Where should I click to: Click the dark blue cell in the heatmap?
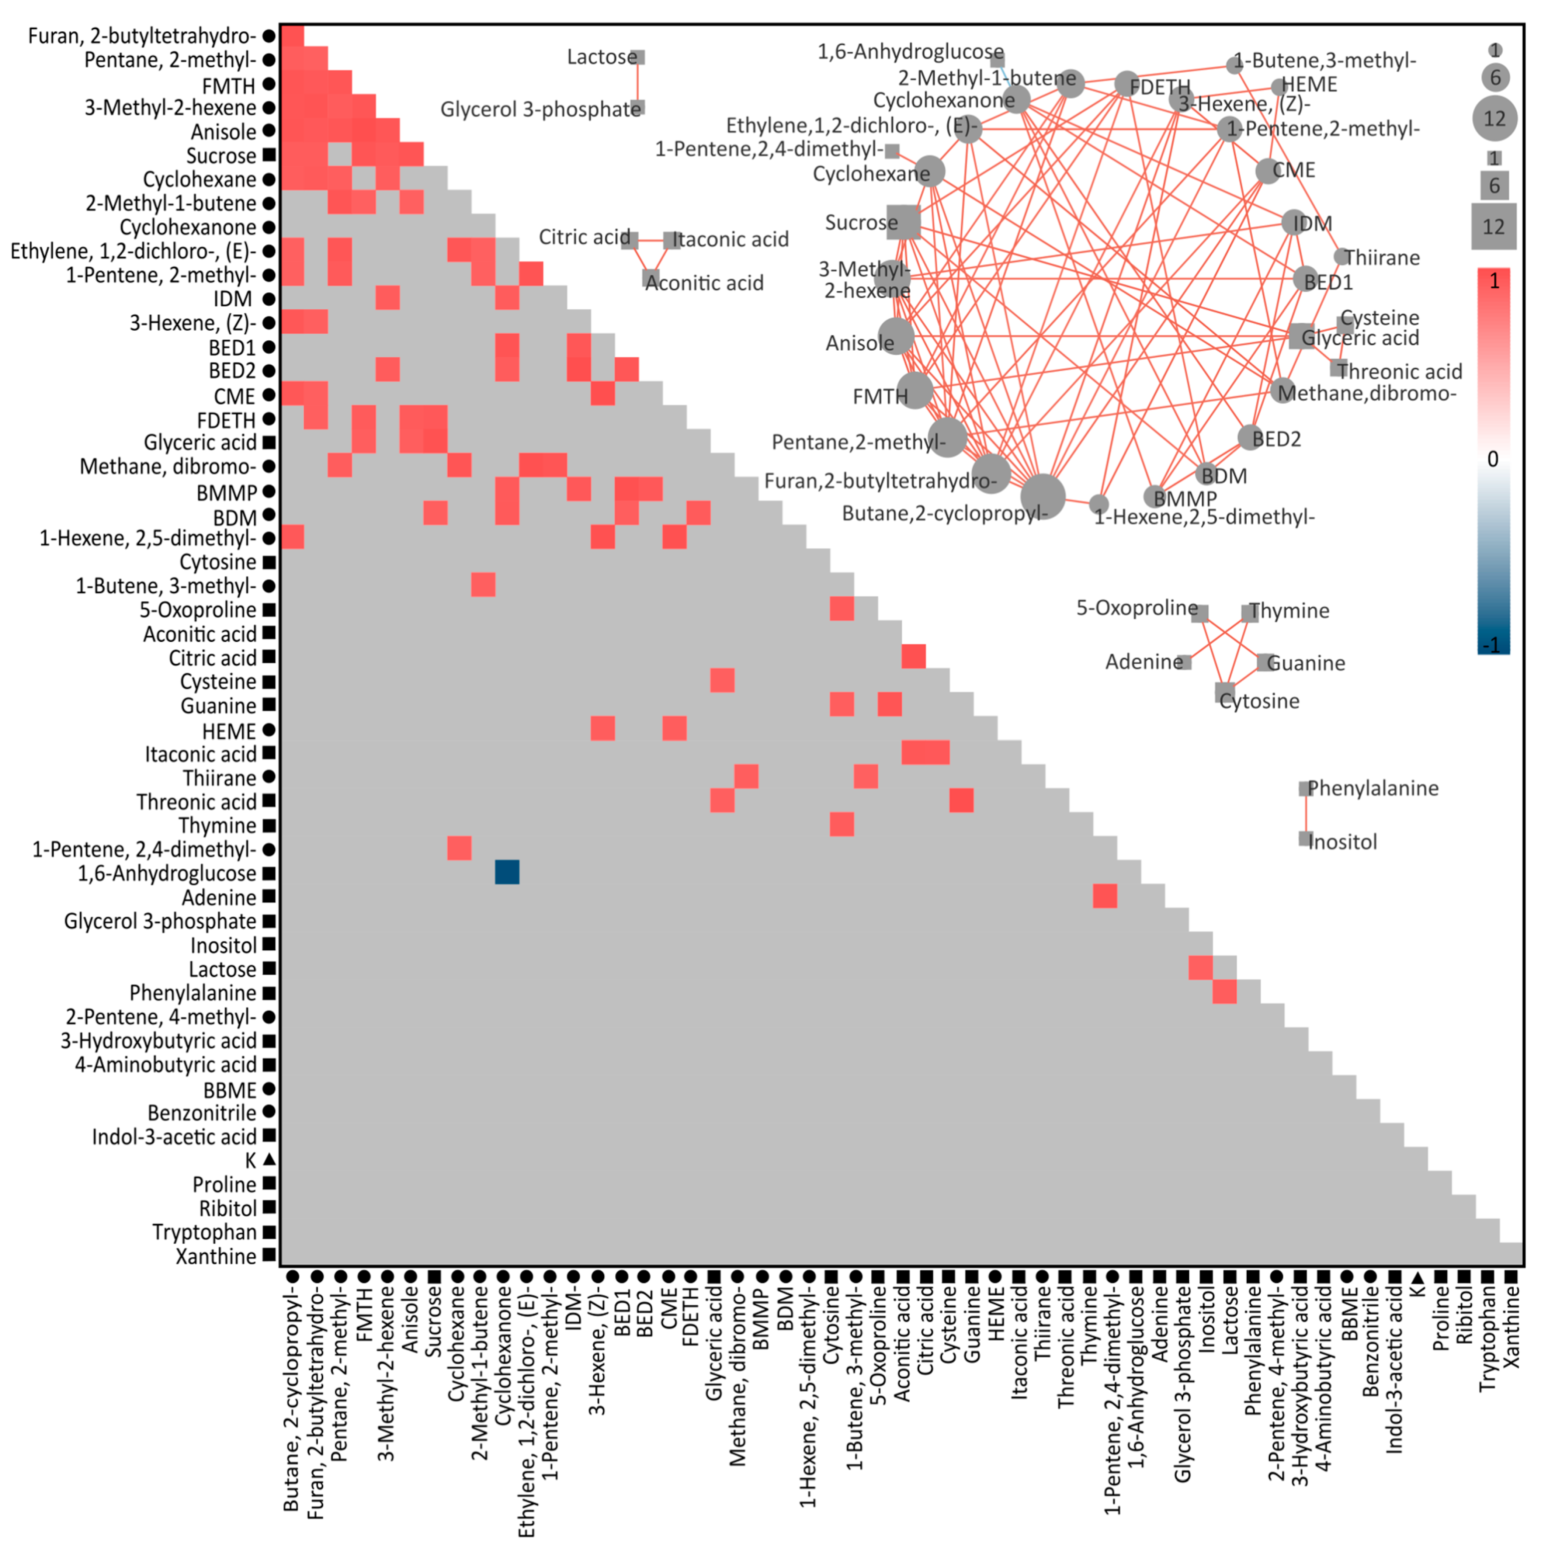point(507,872)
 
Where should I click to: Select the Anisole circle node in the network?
point(896,336)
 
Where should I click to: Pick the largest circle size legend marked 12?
point(1494,118)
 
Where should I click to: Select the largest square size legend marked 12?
point(1493,226)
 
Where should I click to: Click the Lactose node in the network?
point(637,57)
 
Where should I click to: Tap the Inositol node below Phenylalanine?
point(1305,839)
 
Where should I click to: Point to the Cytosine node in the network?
point(1224,692)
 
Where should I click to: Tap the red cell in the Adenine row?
point(1104,896)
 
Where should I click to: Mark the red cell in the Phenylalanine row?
point(1224,992)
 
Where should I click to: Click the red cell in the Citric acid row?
point(913,657)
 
